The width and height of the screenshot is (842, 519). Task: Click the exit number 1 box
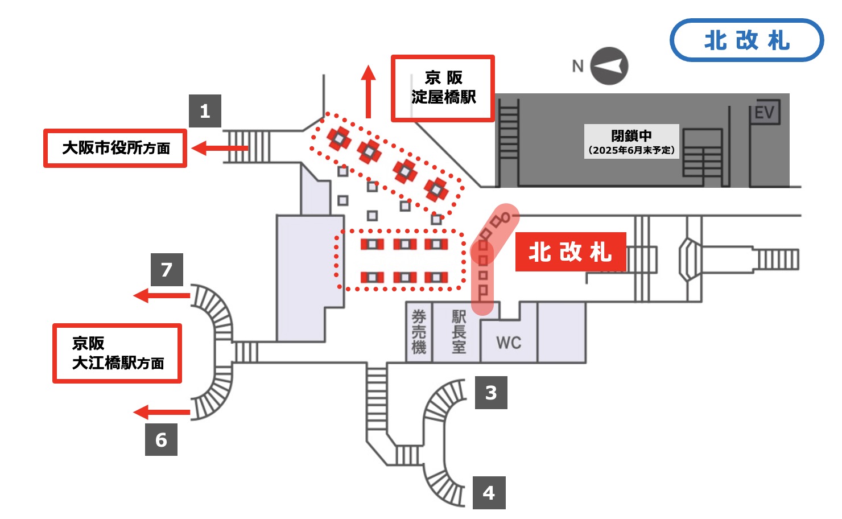pos(205,111)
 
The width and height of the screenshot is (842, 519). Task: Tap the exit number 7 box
pos(167,270)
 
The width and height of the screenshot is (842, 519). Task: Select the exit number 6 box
pos(161,439)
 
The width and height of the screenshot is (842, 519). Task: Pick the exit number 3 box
pos(491,393)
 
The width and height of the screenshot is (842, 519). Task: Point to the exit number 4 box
pos(489,493)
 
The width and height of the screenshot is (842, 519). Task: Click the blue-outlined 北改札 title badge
pos(746,40)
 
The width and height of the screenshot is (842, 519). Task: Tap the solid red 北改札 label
pos(570,252)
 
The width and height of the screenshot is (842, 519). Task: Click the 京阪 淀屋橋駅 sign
pos(443,88)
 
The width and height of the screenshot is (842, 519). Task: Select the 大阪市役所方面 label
pos(115,149)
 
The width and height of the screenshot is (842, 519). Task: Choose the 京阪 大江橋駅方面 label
pos(117,353)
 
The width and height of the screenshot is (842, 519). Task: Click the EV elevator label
pos(764,113)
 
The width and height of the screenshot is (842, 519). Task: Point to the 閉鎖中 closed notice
pos(631,142)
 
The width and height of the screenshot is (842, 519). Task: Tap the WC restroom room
pos(508,343)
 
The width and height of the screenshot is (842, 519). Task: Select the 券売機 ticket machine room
pos(419,332)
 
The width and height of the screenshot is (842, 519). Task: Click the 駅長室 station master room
pos(459,332)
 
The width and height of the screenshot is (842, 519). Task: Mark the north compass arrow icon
pos(609,66)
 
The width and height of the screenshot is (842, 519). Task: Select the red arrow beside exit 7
pos(162,295)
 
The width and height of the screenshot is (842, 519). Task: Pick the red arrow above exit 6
pos(162,412)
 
